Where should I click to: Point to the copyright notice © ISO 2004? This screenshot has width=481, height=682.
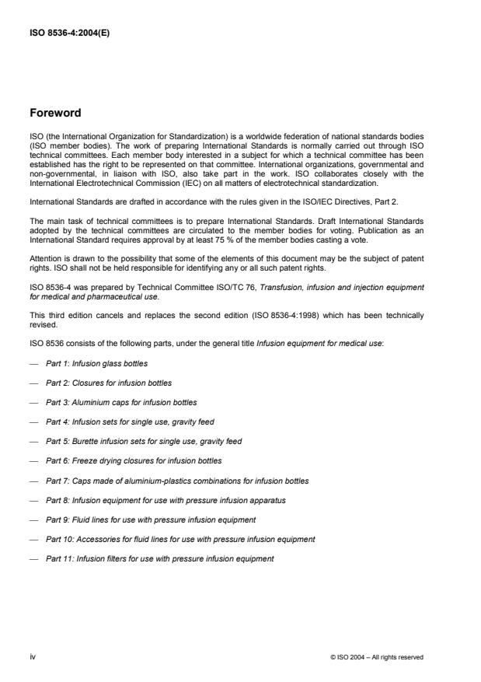coord(376,657)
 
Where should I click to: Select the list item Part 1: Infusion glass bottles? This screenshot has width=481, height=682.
coord(97,363)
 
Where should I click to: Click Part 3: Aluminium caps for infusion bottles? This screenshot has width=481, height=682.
coord(121,402)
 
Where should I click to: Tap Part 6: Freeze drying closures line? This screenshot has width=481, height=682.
coord(134,460)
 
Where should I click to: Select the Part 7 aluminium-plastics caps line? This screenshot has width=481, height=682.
coord(177,481)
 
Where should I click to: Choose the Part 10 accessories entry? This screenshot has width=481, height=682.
coord(180,539)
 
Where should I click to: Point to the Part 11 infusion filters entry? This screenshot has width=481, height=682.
coord(159,558)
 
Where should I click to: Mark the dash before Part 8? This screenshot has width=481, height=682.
coord(34,500)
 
